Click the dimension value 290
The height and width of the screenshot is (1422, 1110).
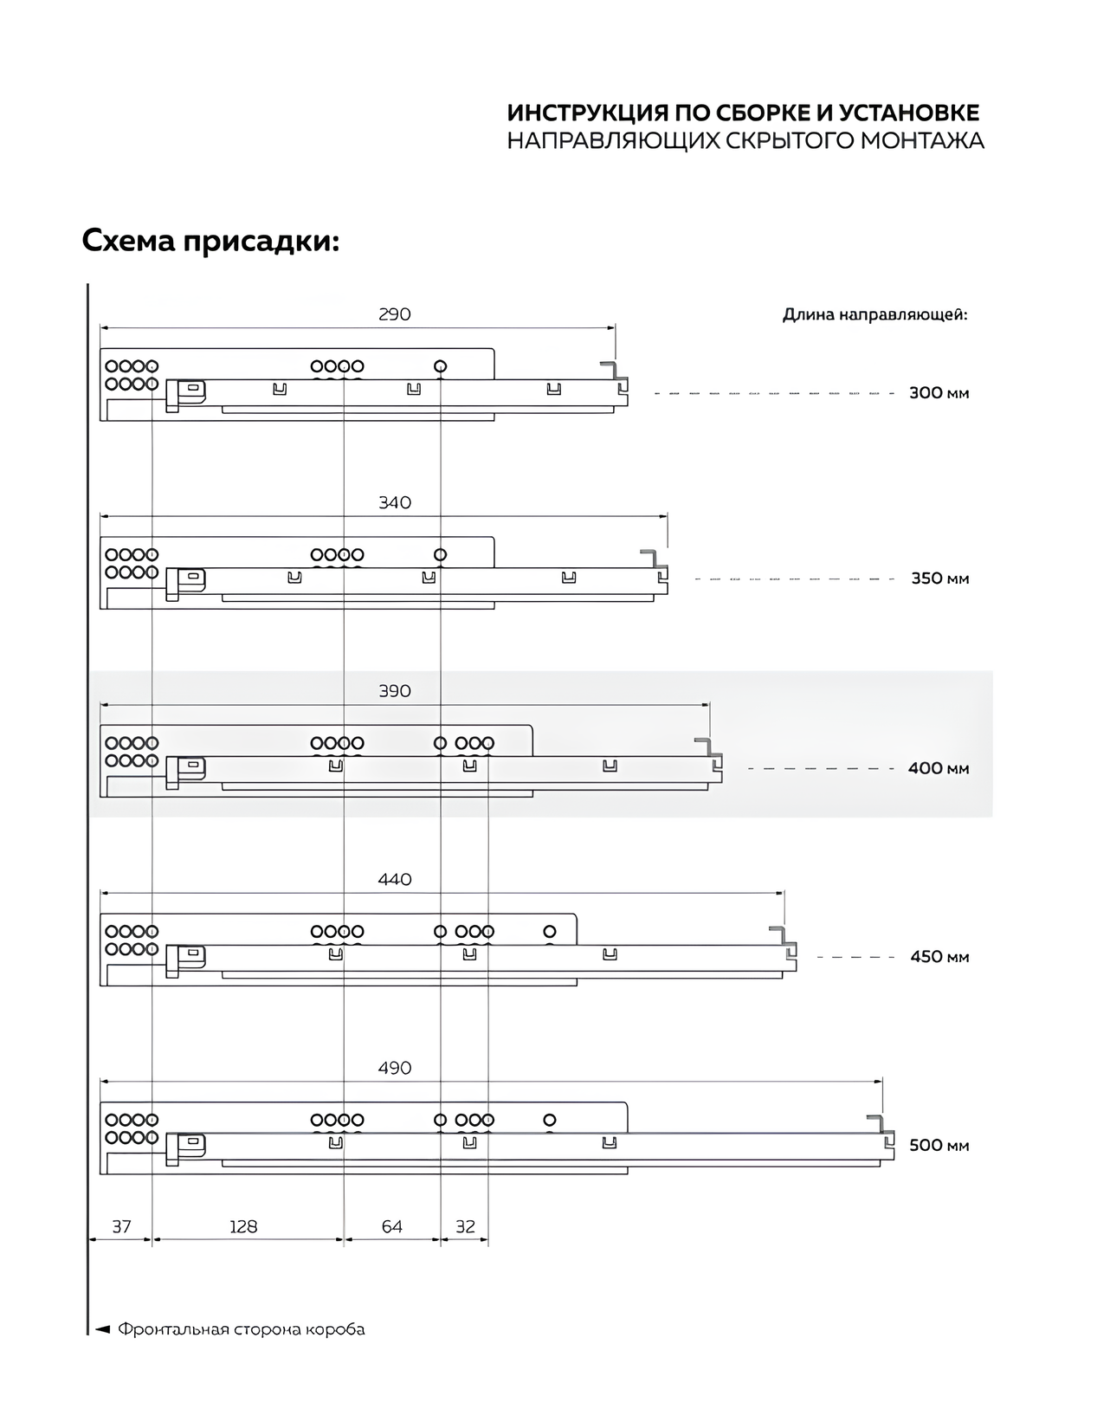tap(394, 314)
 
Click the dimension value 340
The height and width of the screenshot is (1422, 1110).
tap(394, 503)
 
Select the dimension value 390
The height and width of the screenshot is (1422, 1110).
tap(394, 691)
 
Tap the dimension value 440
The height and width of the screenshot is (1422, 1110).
tap(394, 880)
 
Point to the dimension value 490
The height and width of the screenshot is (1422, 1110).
tap(394, 1069)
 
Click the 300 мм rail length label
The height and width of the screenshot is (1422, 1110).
tap(939, 393)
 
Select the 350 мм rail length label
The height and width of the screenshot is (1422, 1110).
tap(939, 578)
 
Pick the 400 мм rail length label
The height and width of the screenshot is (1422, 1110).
tap(939, 768)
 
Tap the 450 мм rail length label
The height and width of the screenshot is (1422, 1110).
tap(939, 957)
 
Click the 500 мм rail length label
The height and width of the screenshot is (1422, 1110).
tap(939, 1146)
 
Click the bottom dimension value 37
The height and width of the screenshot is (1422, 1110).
tap(121, 1226)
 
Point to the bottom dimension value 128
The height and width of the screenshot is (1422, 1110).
tap(243, 1226)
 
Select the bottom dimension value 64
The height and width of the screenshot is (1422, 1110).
tap(392, 1226)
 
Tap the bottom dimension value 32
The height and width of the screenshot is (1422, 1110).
tap(465, 1226)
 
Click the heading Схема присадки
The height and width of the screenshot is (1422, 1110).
tap(210, 241)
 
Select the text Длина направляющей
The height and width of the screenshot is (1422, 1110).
tap(874, 314)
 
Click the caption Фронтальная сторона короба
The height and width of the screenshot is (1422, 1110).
tap(241, 1329)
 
